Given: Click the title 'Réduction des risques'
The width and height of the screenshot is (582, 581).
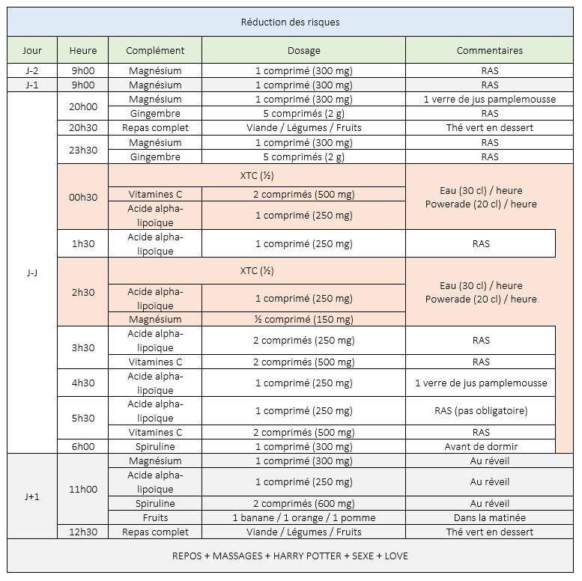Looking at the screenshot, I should (x=291, y=22).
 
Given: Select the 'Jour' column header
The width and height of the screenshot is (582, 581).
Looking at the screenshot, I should (x=32, y=51).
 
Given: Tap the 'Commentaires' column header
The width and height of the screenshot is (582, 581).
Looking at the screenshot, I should (x=490, y=51).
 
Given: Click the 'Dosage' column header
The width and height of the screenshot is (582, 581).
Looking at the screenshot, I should (x=303, y=51).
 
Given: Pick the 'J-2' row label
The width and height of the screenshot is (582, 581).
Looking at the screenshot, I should (x=32, y=71).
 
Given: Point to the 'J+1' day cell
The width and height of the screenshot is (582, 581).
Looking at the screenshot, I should (x=32, y=496).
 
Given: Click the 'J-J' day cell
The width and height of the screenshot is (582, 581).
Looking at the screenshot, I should (x=32, y=273).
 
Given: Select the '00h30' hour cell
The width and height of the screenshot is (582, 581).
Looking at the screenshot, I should (x=82, y=198).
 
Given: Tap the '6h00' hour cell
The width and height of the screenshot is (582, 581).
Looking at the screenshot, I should (x=82, y=446).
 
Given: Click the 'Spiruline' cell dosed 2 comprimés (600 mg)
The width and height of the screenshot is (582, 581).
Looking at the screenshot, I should (x=155, y=503).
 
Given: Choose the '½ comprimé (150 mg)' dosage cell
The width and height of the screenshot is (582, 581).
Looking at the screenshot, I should (x=303, y=320).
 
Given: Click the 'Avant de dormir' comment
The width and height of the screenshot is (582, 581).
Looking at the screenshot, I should (x=480, y=446).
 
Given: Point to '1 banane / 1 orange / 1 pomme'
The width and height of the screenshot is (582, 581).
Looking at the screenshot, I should (x=303, y=517).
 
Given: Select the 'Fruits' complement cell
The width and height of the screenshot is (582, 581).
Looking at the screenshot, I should (x=155, y=517).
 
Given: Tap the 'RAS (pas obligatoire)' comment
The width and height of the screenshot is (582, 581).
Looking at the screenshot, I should (x=480, y=411).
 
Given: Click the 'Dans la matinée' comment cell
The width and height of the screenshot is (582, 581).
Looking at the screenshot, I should (x=490, y=517).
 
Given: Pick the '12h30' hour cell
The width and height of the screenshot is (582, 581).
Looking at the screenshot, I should (x=82, y=532).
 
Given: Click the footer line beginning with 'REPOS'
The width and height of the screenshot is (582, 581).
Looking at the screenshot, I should (x=291, y=556).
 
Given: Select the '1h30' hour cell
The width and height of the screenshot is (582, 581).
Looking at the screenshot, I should (x=82, y=244).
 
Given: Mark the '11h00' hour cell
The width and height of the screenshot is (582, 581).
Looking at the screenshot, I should (x=82, y=489).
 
